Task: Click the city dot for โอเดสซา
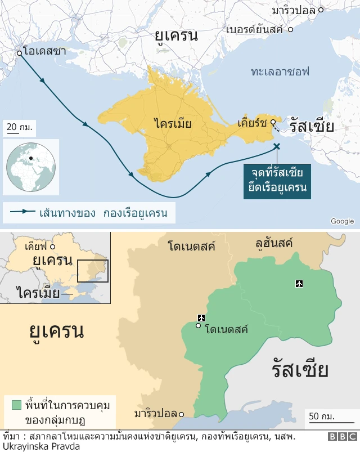pos(19,53)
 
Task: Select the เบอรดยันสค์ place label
pos(254,29)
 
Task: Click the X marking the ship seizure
pos(276,146)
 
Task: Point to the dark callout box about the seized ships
pos(277,181)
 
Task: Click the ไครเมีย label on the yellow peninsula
pos(173,123)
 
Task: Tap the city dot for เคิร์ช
pos(272,122)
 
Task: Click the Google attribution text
pos(342,221)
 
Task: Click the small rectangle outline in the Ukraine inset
pos(92,271)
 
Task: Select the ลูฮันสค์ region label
pos(274,243)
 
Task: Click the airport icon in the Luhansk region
pos(299,283)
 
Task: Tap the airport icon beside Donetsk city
pos(201,318)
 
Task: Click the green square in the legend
pos(16,405)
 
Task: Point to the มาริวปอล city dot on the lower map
pos(181,414)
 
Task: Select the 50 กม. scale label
pos(322,417)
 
